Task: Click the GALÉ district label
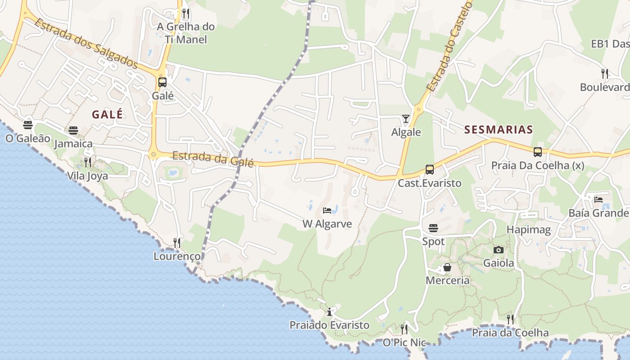point(107,115)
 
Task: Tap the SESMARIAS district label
point(498,130)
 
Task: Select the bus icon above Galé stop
point(162,82)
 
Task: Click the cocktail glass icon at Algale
point(406,118)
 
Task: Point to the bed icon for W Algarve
point(327,211)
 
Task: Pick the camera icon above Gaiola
point(498,250)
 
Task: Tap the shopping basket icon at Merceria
point(447,268)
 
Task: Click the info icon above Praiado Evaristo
point(329,311)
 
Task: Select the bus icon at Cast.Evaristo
point(429,170)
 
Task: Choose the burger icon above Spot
point(433,228)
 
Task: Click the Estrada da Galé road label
point(213,158)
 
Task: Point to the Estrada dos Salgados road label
point(85,44)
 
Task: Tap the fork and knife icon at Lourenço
point(177,243)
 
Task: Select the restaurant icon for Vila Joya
point(88,162)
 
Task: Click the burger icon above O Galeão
point(28,125)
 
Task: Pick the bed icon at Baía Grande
point(598,199)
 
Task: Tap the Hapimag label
point(528,230)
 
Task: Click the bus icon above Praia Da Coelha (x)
point(537,152)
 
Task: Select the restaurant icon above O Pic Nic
point(404,329)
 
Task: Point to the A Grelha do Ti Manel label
point(186,33)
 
